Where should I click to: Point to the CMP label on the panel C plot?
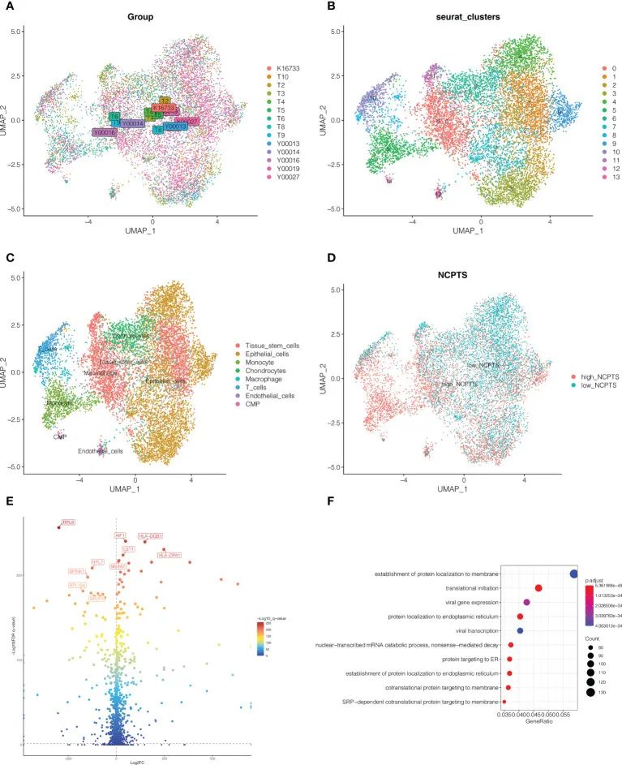click(x=59, y=436)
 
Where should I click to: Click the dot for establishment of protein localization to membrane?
click(x=574, y=574)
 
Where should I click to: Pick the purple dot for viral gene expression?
click(x=527, y=602)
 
